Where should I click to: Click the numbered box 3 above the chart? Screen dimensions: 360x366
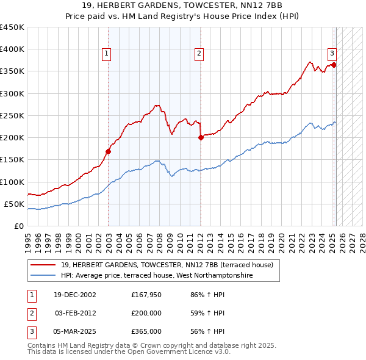pyautogui.click(x=332, y=52)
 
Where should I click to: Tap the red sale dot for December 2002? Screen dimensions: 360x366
pyautogui.click(x=109, y=151)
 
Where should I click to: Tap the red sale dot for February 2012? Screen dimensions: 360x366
pyautogui.click(x=201, y=137)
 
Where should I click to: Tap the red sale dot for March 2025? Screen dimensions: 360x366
pyautogui.click(x=334, y=65)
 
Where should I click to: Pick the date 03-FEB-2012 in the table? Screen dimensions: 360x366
pyautogui.click(x=76, y=313)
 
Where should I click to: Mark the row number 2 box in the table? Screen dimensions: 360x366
pyautogui.click(x=29, y=313)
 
